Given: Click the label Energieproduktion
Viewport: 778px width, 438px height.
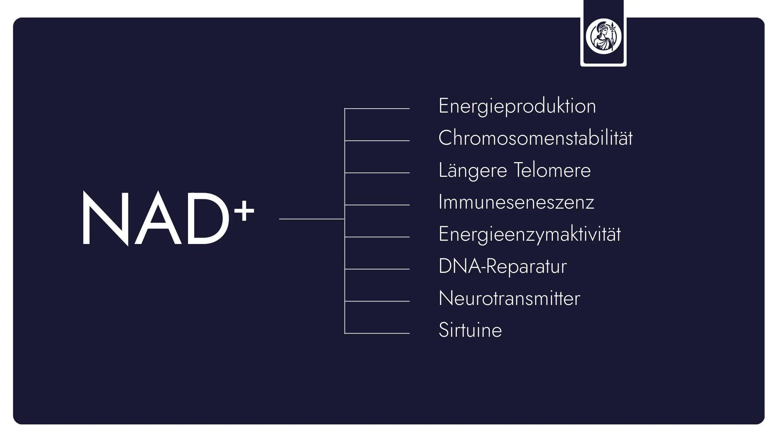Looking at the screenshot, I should (517, 106).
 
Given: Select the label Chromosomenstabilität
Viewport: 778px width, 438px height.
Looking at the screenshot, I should (535, 138).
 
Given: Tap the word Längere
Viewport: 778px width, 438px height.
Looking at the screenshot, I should (472, 170).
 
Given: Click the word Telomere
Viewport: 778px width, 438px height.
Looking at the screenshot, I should (552, 170).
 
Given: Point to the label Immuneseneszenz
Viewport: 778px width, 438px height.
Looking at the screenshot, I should (516, 202).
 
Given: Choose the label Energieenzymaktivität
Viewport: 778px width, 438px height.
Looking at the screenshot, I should (529, 234).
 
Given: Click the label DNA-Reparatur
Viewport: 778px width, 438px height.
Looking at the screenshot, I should (502, 266).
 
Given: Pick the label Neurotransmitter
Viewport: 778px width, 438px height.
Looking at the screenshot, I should (509, 298).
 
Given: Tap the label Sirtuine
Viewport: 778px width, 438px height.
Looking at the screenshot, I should (470, 330).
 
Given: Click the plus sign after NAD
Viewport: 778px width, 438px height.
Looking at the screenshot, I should (244, 211).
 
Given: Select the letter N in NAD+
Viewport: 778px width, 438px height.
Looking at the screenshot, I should (105, 218).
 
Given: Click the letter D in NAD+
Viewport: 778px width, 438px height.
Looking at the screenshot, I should (207, 218).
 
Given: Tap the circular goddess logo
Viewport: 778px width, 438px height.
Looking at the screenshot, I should (603, 36).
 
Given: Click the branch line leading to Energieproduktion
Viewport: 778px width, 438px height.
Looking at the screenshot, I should (377, 108).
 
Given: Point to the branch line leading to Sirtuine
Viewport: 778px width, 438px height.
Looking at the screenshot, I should (377, 333).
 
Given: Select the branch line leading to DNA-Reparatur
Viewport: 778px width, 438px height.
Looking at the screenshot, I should (377, 269).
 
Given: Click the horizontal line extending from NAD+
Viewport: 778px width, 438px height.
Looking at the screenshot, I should (311, 219).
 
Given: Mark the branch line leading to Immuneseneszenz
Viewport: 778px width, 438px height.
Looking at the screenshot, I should (377, 205).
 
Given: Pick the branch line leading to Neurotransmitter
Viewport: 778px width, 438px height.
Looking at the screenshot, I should (377, 301).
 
